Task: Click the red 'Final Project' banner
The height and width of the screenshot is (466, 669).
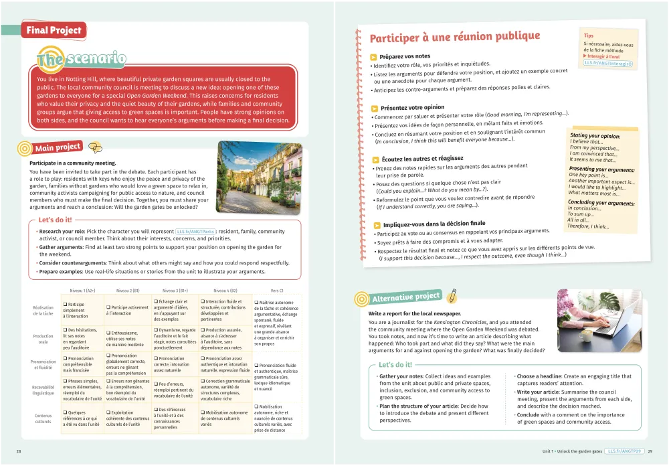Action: click(x=54, y=30)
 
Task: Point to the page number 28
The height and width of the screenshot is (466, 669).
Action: click(x=19, y=451)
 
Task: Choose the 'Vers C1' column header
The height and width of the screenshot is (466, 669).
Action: click(x=277, y=291)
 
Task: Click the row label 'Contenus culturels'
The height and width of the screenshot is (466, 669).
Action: click(x=43, y=418)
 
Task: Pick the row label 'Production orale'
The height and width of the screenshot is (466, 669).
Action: click(x=43, y=339)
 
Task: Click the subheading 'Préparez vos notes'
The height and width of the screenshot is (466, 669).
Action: click(x=405, y=56)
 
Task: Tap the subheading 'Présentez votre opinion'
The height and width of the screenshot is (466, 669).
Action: click(x=412, y=107)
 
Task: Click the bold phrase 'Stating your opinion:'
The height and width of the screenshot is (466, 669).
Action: click(x=595, y=136)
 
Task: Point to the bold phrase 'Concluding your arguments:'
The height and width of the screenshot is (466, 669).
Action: click(x=601, y=202)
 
